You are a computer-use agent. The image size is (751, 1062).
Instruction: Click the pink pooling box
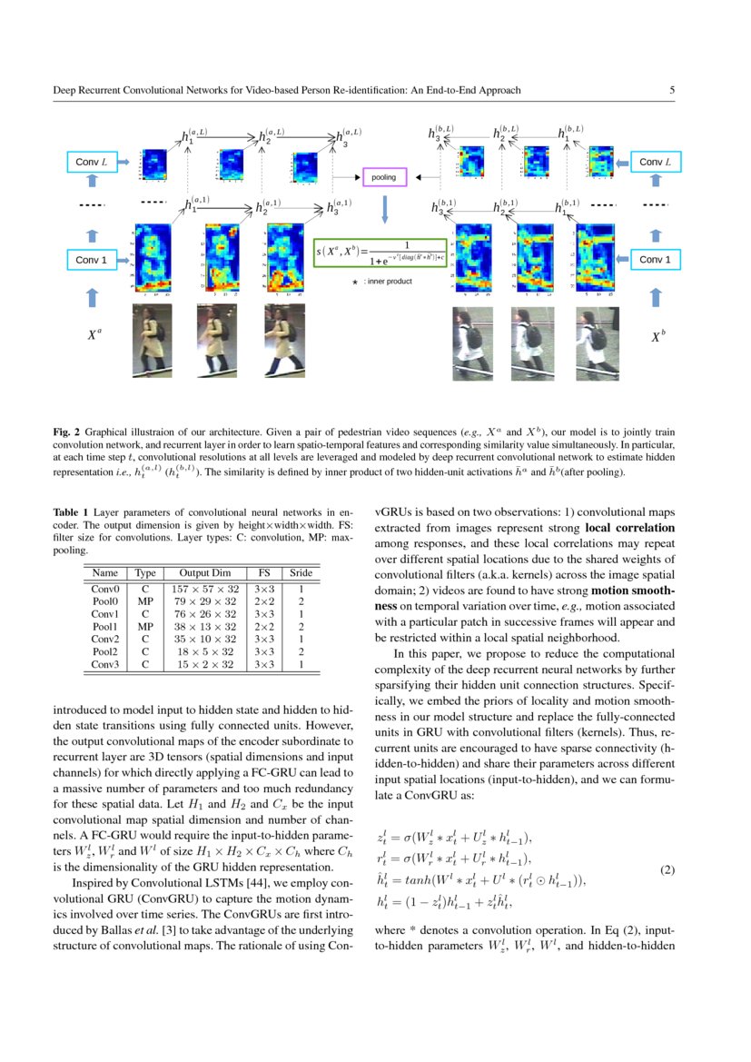coord(384,177)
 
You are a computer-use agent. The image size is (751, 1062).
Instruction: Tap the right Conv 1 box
coord(655,260)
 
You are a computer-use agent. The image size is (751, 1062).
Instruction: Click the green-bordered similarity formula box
coord(381,252)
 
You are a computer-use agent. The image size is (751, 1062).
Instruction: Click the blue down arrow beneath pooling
coord(384,209)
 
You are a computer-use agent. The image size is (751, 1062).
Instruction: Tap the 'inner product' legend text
coord(388,282)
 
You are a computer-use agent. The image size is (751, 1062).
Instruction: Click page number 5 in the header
coord(672,90)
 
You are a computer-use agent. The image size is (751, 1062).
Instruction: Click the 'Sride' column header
coord(300,573)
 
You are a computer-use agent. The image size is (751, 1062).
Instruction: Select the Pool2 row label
coord(105,651)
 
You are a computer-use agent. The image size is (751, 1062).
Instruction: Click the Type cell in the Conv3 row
coord(144,665)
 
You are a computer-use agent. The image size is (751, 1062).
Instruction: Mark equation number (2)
coord(667,870)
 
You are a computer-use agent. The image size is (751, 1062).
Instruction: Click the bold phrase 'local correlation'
coord(629,527)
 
